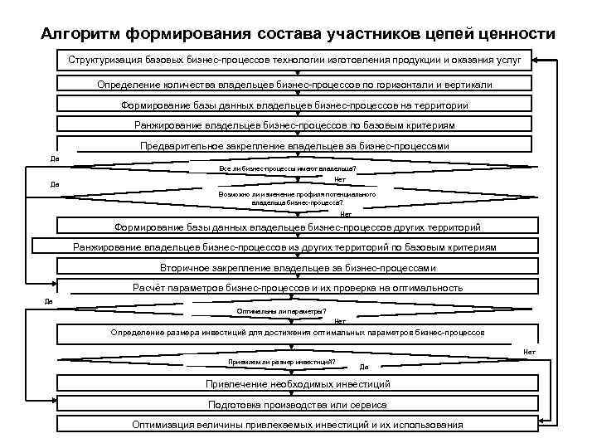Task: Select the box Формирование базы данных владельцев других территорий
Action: (x=297, y=227)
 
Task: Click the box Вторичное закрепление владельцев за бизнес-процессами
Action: (x=297, y=268)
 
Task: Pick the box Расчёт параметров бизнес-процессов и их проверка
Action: (x=297, y=288)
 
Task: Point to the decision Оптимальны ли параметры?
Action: (x=282, y=311)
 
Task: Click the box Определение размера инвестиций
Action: (x=297, y=333)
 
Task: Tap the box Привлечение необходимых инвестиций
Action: (x=297, y=385)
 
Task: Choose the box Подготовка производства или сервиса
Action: (x=297, y=405)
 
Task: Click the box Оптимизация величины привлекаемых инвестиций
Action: (x=297, y=425)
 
